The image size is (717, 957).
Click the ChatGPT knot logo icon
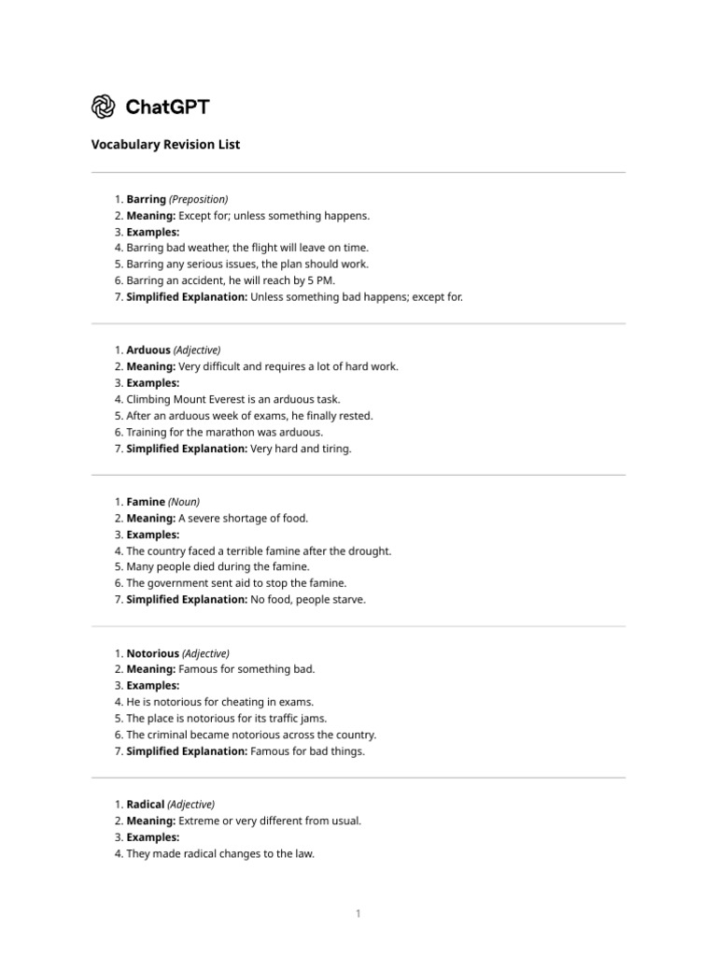[x=104, y=107]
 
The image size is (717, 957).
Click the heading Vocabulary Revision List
[x=165, y=145]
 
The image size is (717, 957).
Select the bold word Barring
[x=146, y=199]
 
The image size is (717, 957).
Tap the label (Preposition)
[x=199, y=199]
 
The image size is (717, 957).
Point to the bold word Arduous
[x=148, y=350]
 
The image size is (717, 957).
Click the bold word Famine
[x=146, y=502]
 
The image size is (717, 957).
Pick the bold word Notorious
[x=152, y=653]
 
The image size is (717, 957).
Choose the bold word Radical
[x=146, y=805]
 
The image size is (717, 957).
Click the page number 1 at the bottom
[x=358, y=913]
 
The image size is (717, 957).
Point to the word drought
[x=372, y=551]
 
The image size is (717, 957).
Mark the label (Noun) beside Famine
[x=184, y=502]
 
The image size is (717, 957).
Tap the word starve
[x=348, y=600]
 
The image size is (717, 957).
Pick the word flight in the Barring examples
[x=265, y=248]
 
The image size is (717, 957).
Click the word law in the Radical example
[x=306, y=853]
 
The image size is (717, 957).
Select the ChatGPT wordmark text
[x=167, y=107]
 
